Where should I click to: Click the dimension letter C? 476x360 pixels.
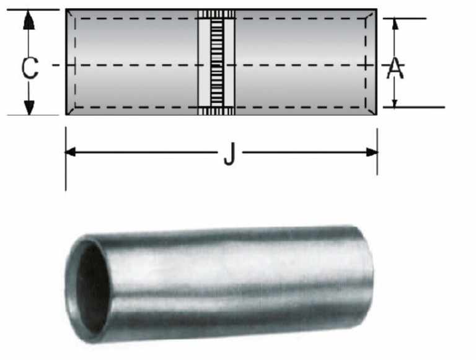click(29, 68)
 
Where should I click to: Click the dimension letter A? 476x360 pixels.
click(395, 68)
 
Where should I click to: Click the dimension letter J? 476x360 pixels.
click(229, 157)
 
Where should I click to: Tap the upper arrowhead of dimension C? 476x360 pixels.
click(29, 20)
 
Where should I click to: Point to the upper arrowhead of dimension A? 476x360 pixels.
click(394, 24)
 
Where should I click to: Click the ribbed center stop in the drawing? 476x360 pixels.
click(216, 62)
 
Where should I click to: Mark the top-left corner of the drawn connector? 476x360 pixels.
click(66, 10)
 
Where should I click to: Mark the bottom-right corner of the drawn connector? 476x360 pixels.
click(376, 115)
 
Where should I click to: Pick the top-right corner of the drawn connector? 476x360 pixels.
click(376, 10)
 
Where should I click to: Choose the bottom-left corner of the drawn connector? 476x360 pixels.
click(66, 115)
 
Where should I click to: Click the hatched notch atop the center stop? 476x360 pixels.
click(216, 14)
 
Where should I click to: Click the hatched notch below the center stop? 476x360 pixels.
click(216, 111)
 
